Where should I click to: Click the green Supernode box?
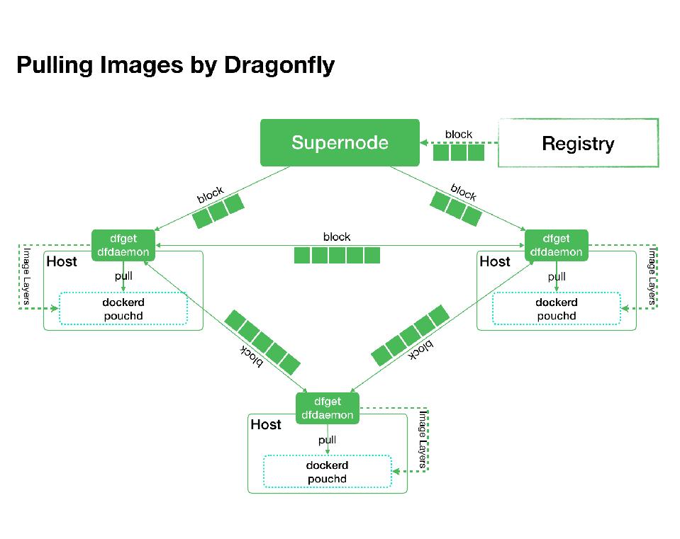(340, 142)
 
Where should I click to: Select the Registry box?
(578, 143)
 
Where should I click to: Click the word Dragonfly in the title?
(279, 65)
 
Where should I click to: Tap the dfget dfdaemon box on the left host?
(123, 245)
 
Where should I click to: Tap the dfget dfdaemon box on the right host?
(556, 245)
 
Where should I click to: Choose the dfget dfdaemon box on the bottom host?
(327, 408)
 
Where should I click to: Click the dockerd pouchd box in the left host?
(123, 309)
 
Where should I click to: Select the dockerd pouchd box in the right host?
(556, 309)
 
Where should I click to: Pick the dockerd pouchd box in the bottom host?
(327, 472)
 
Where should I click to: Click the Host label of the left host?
(62, 262)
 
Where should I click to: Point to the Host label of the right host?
(495, 262)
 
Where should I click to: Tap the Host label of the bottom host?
(266, 425)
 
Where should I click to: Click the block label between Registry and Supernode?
(458, 134)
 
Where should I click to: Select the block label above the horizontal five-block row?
(337, 237)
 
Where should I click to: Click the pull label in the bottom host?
(327, 440)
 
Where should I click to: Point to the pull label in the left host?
(123, 276)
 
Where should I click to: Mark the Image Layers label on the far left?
(26, 276)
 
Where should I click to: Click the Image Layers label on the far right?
(652, 276)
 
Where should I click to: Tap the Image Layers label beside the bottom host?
(423, 439)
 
